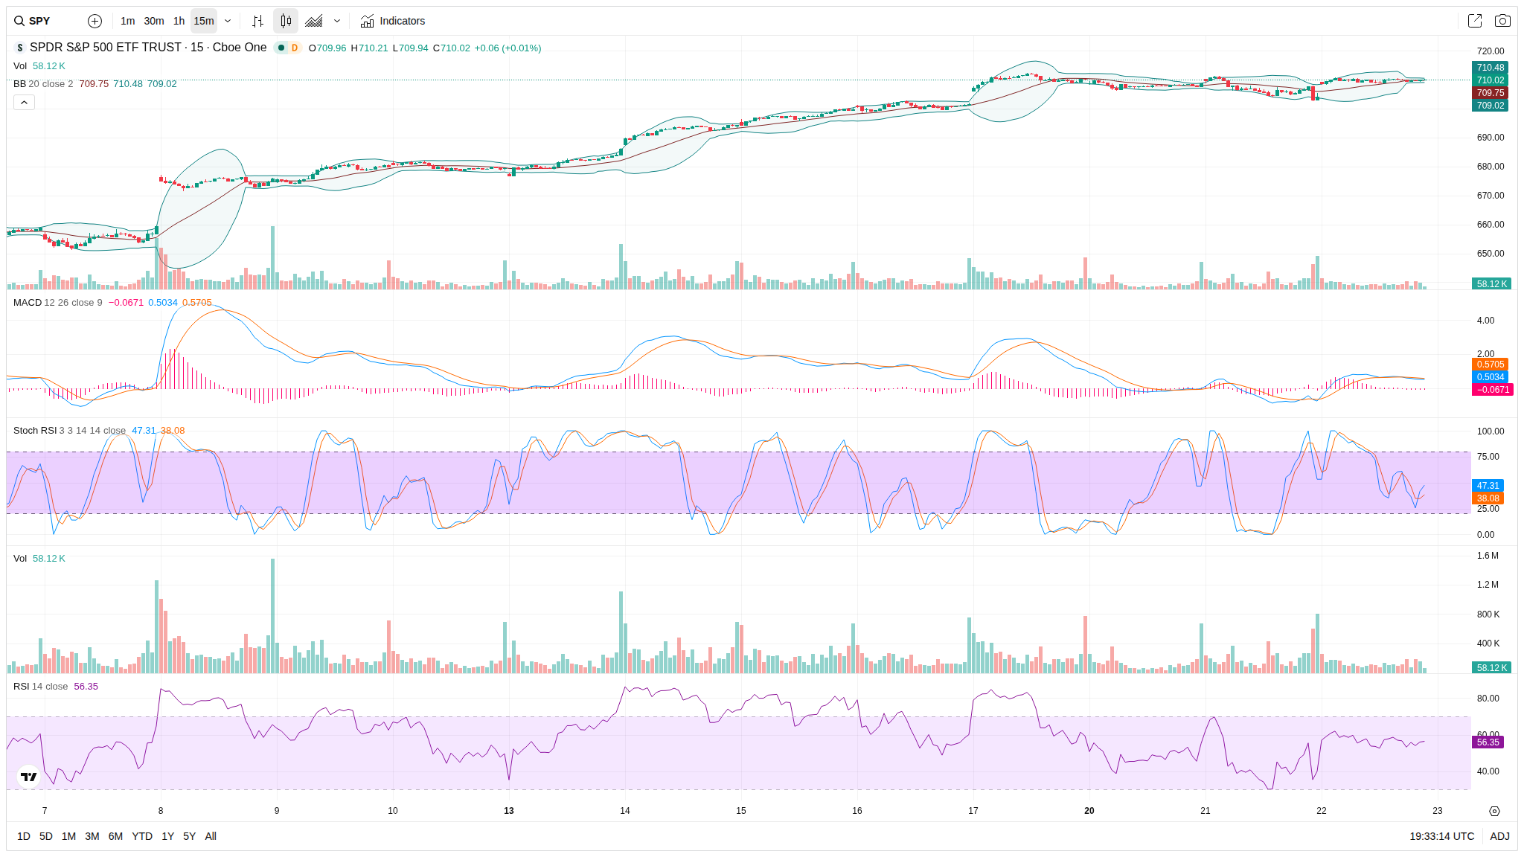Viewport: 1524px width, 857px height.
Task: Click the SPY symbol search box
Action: pos(45,21)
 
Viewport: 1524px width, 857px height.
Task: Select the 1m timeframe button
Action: pos(127,21)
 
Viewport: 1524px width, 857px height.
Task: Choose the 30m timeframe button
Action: pos(154,21)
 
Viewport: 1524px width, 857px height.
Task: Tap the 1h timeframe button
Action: pos(179,21)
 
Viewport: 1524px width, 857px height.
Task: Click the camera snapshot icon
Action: pos(1502,21)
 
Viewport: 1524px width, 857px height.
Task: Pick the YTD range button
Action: pos(141,836)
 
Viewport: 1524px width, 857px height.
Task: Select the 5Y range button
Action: pos(189,836)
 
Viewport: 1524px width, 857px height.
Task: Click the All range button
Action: pos(211,836)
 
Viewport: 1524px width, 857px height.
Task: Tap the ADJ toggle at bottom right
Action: pos(1499,836)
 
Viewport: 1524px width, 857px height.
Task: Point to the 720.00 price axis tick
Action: pos(1490,51)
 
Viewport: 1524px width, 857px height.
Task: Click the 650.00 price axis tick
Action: pos(1490,254)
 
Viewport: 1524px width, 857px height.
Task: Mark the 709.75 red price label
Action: pos(1490,93)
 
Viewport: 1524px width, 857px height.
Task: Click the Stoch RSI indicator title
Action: pos(35,431)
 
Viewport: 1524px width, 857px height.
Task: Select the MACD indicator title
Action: pos(28,303)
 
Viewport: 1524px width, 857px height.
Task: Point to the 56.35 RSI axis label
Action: pos(1488,742)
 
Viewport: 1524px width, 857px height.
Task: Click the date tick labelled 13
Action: pos(509,811)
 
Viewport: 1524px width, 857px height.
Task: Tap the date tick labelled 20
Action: pos(1089,811)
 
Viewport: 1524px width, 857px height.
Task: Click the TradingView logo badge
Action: pos(29,777)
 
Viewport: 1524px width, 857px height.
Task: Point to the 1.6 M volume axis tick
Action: pos(1488,556)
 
